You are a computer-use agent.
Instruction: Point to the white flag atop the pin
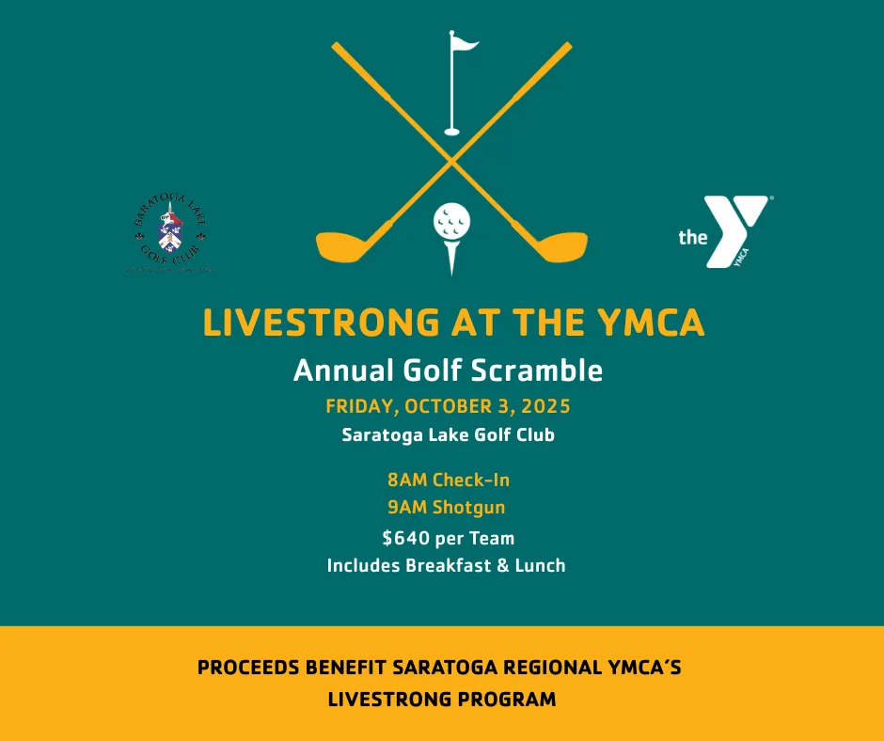[x=465, y=42]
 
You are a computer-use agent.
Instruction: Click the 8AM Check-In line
[x=449, y=480]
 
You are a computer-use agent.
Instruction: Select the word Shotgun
[x=468, y=508]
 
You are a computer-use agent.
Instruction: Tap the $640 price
[x=404, y=539]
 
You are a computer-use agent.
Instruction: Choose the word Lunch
[x=540, y=566]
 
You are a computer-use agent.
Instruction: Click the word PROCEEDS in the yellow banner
[x=247, y=669]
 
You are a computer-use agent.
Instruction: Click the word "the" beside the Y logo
[x=693, y=237]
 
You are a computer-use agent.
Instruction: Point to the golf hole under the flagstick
[x=452, y=132]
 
